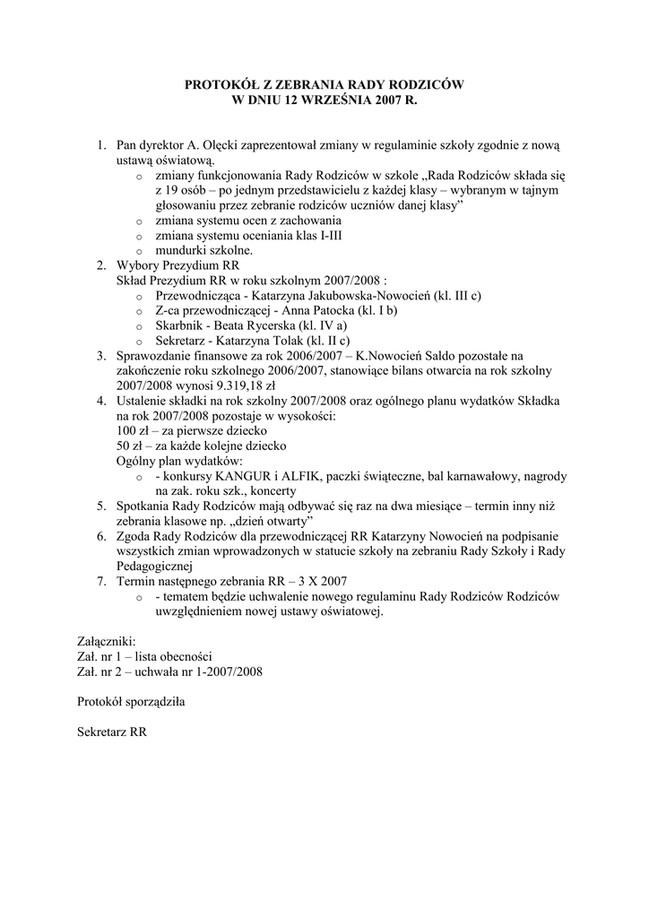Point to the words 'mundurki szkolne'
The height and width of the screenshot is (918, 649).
click(197, 251)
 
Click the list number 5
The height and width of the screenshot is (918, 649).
click(101, 507)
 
